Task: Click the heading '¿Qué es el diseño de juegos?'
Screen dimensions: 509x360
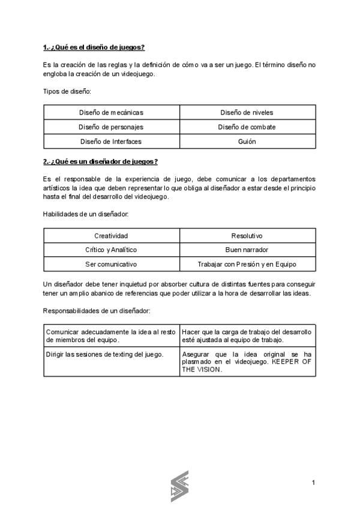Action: (94, 47)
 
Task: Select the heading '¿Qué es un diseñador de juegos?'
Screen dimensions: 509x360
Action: (100, 161)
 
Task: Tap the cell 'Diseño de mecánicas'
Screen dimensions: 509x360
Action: (112, 112)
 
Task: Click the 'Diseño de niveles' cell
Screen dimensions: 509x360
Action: (247, 112)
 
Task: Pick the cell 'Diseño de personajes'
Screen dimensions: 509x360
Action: (112, 127)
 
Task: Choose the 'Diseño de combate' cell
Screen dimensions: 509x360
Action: (247, 127)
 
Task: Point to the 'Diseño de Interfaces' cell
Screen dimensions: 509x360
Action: (112, 142)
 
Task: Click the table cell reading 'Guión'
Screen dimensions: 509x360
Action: (247, 142)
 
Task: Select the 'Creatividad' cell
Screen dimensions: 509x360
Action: (112, 236)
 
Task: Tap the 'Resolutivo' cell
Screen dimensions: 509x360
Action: (247, 236)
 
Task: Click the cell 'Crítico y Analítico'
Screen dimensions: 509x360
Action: (112, 250)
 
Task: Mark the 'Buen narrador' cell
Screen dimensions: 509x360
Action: (247, 250)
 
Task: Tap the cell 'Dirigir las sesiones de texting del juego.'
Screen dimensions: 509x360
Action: (105, 354)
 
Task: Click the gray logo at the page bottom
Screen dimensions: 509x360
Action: (179, 485)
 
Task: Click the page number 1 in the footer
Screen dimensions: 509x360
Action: (313, 483)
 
